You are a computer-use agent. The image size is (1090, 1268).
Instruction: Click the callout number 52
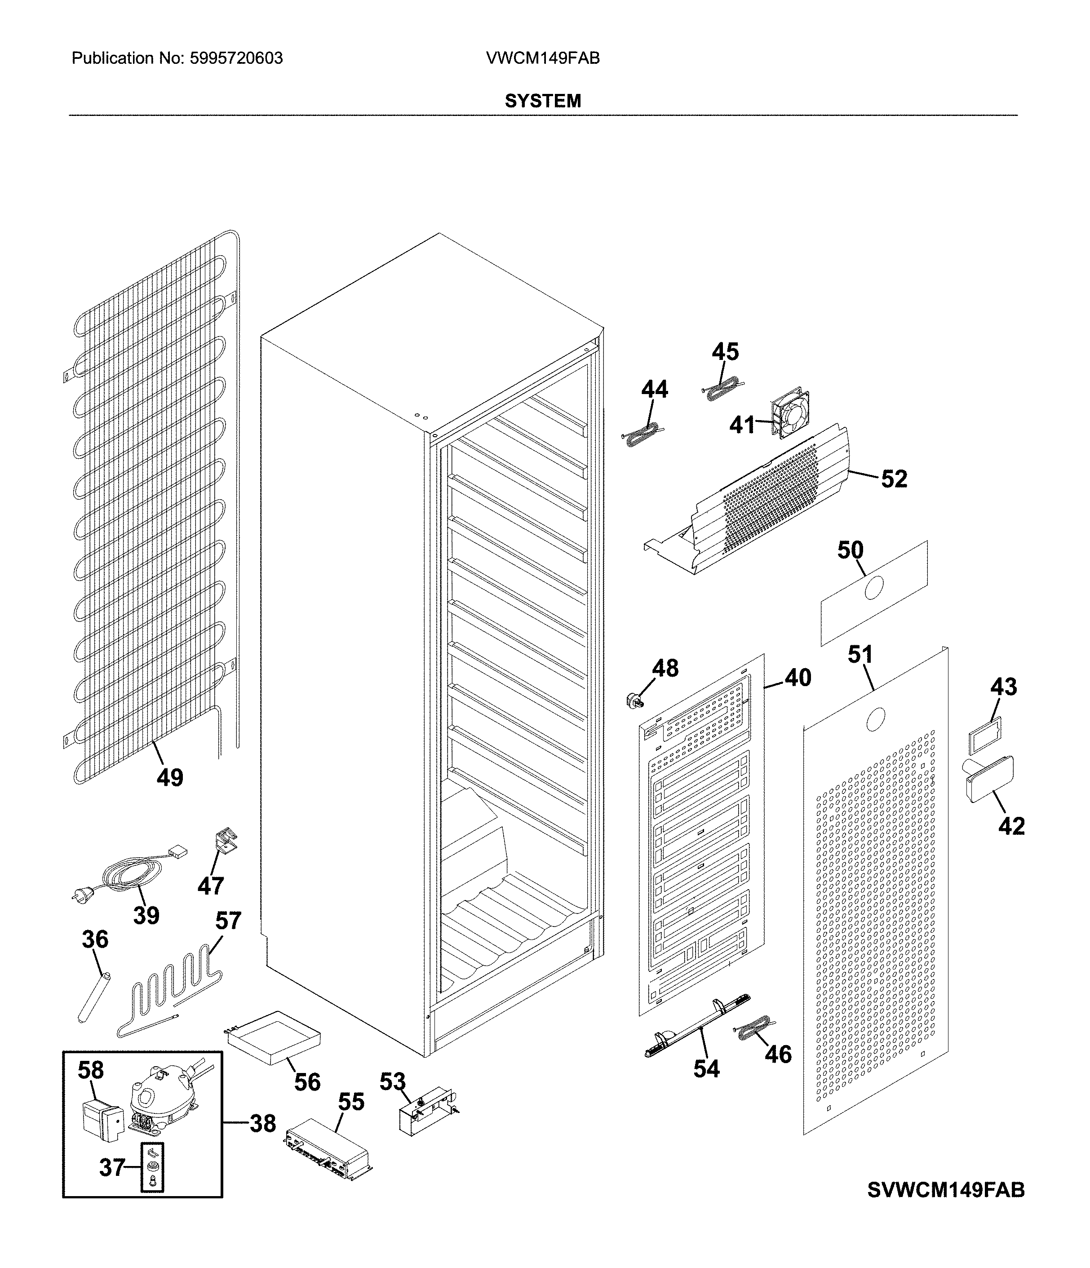coord(894,479)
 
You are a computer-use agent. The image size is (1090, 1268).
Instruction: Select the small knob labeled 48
coord(632,700)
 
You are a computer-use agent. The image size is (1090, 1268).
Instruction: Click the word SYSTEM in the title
coord(542,101)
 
